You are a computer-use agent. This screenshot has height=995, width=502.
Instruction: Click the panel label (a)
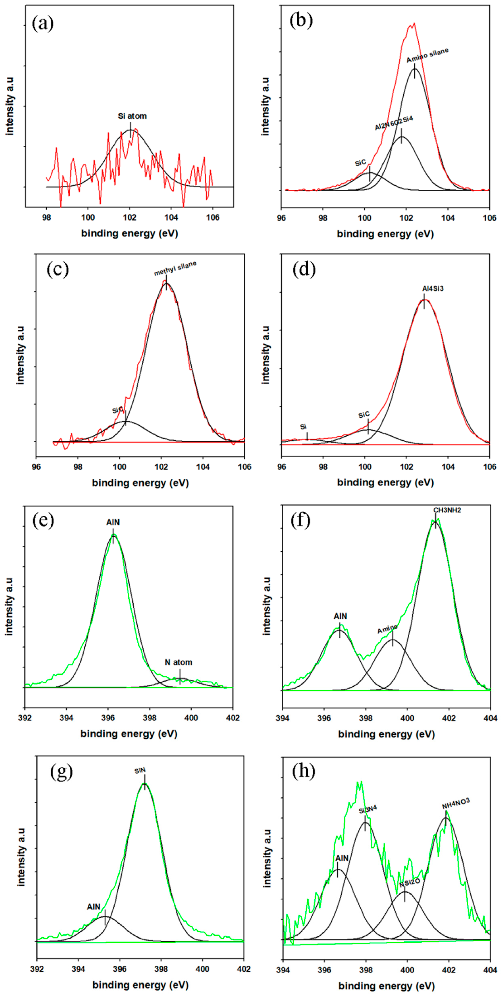point(43,24)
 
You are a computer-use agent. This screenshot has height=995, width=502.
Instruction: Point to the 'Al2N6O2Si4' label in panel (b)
point(394,123)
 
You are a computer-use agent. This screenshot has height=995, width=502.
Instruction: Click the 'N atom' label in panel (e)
point(178,662)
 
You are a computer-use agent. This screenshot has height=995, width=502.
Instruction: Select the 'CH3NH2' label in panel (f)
point(447,510)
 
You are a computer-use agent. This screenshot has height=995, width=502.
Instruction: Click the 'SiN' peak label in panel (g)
point(140,771)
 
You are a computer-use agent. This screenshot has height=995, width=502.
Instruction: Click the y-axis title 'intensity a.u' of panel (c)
point(20,355)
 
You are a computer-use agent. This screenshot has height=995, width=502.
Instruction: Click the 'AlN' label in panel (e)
point(113,522)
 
